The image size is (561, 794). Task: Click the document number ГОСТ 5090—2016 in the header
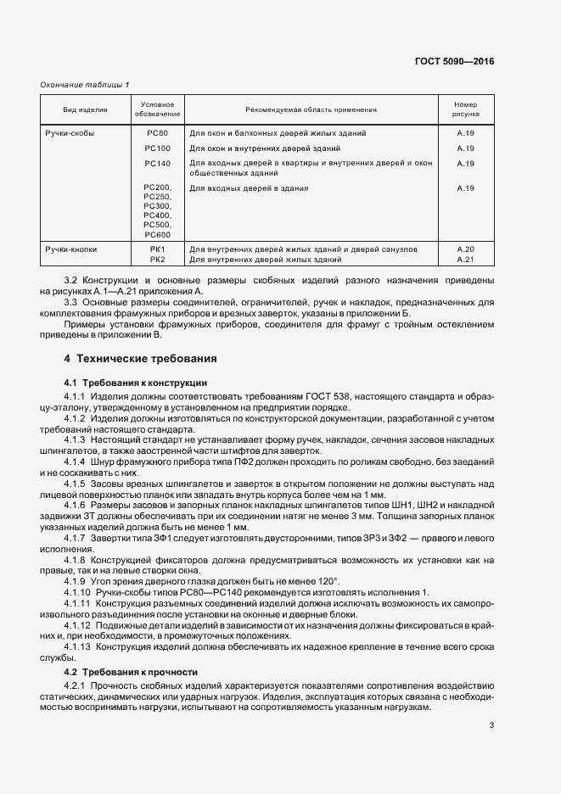454,61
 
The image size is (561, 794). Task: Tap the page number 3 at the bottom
492,724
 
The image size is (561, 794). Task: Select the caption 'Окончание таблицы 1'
85,84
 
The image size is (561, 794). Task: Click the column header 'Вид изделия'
85,109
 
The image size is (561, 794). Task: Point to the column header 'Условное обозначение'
157,109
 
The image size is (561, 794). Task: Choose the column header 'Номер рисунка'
465,109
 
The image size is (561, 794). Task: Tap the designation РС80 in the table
157,134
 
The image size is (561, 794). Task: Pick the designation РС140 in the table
157,163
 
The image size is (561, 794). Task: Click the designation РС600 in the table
157,234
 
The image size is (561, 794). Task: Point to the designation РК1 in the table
157,249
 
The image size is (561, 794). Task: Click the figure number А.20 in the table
465,249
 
